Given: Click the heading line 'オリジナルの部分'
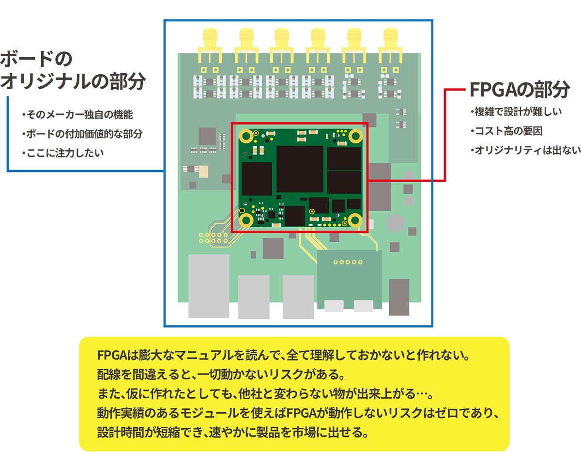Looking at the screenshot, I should pos(73,82).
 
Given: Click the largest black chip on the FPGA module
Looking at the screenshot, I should pos(300,168).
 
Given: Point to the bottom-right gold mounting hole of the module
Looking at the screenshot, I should pos(355,220).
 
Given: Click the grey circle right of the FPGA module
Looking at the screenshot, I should pos(396,223).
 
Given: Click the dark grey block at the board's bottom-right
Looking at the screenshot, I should pos(399,296).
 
